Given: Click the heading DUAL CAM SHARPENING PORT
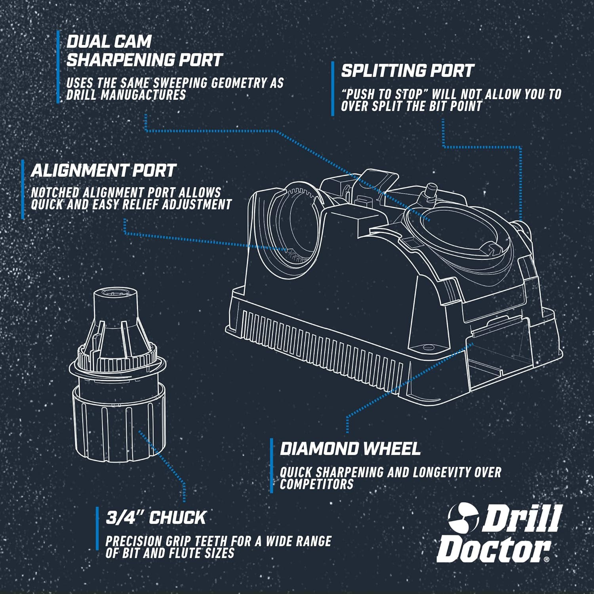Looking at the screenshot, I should click(144, 51).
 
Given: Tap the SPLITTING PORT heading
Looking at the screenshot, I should click(407, 71).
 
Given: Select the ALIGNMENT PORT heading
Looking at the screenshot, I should click(103, 171).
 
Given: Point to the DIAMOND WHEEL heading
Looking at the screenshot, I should click(350, 449).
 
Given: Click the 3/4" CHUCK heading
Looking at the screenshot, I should click(156, 518).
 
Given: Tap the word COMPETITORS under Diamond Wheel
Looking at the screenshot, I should click(316, 484).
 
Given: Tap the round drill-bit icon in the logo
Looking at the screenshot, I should click(463, 518).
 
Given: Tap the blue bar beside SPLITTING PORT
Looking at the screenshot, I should click(333, 89).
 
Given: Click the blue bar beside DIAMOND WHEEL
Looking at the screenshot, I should click(272, 465).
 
